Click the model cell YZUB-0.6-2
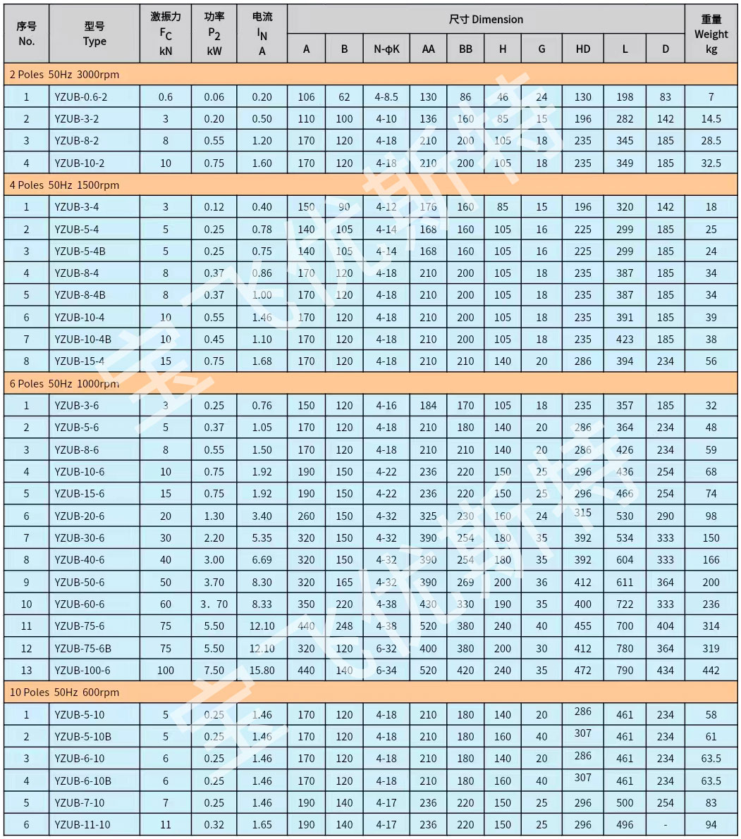point(81,97)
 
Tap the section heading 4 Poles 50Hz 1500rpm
point(64,185)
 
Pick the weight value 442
point(711,671)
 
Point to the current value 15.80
point(262,671)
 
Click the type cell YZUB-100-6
point(82,671)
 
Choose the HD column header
point(582,49)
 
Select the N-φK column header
point(386,49)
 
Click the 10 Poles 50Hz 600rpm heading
point(64,692)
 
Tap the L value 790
point(625,671)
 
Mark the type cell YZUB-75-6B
point(83,648)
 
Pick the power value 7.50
point(214,671)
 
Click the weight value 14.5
point(711,119)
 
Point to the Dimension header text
point(486,20)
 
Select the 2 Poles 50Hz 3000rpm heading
point(64,75)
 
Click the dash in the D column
point(665,825)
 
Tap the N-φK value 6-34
point(386,671)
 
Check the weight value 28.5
point(711,141)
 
